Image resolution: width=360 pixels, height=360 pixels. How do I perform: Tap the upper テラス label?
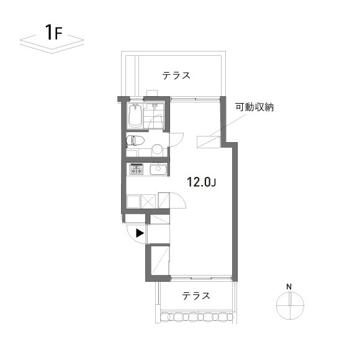tap(176, 76)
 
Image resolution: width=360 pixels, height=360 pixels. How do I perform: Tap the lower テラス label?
tap(196, 296)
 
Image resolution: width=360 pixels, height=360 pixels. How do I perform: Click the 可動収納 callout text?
tap(254, 107)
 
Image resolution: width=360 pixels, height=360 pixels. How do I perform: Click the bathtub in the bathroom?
tap(135, 116)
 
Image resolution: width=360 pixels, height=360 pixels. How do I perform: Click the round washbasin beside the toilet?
tap(158, 149)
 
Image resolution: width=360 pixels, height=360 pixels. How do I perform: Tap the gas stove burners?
tap(136, 169)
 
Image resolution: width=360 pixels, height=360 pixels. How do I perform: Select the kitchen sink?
tap(158, 169)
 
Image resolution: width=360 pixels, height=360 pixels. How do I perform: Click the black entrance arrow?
tap(140, 233)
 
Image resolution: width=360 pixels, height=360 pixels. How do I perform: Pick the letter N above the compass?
tap(289, 286)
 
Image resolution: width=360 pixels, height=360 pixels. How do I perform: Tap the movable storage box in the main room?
tap(207, 142)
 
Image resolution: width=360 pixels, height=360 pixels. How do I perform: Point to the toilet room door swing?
tap(176, 140)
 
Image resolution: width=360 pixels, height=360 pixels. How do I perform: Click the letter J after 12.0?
tap(213, 182)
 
